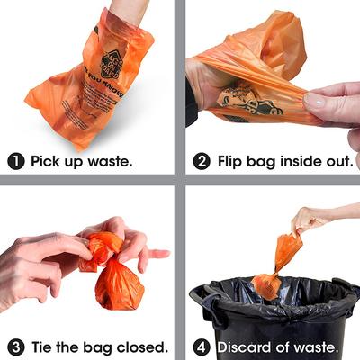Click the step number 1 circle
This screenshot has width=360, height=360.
click(x=15, y=161)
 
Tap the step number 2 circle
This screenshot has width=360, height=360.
click(x=202, y=161)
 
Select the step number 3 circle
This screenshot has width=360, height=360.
click(x=15, y=346)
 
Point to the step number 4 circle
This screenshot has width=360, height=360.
click(x=202, y=346)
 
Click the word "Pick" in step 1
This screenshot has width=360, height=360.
click(x=47, y=161)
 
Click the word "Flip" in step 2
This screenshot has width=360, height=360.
click(x=231, y=161)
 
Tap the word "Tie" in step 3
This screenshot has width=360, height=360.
click(x=43, y=346)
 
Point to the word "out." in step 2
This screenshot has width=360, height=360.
click(x=335, y=161)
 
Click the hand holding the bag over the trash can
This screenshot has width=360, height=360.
click(x=315, y=216)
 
